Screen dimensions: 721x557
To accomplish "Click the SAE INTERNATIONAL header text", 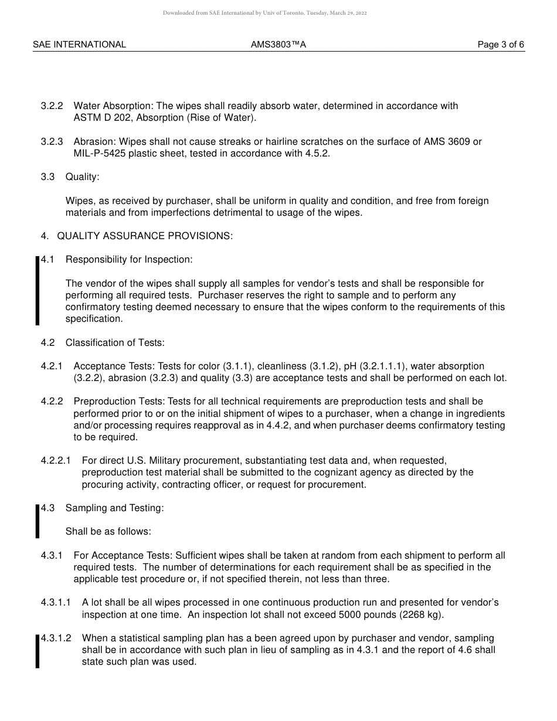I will [79, 45].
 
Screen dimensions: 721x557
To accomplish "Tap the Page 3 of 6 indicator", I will [501, 45].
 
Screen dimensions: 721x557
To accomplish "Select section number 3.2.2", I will [52, 106].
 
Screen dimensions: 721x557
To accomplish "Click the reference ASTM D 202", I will [102, 118].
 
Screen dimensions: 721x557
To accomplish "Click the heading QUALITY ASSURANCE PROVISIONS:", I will [145, 236].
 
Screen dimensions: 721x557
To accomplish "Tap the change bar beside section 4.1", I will [38, 290].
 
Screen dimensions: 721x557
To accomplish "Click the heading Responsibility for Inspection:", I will [129, 260].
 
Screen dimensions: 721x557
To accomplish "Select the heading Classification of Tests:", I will [115, 342].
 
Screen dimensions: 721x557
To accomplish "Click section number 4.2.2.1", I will [56, 461].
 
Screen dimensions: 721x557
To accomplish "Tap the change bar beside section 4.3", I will [38, 520].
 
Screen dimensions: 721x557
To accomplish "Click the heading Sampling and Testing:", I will [115, 508].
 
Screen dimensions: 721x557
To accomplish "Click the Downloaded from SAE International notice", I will [265, 13].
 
